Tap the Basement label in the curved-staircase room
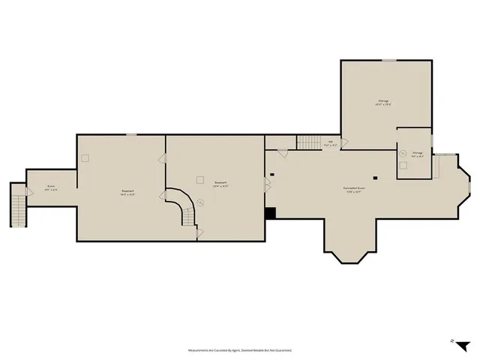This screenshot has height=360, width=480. (x=220, y=184)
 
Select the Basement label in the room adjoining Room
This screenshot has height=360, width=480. (x=128, y=192)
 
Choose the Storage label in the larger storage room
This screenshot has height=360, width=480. (x=384, y=102)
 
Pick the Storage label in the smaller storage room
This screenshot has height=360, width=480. (x=417, y=154)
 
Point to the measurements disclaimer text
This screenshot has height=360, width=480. (x=239, y=350)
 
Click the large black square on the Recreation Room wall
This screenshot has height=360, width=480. (x=270, y=213)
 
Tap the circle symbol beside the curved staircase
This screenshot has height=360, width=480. (x=201, y=201)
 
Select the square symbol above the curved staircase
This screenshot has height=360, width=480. (x=199, y=178)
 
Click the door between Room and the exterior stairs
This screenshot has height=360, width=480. (x=29, y=192)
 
